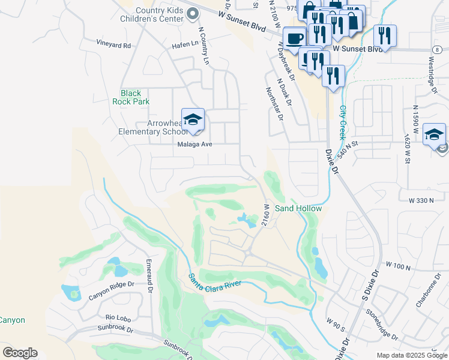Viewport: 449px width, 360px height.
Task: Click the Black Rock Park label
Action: click(x=131, y=97)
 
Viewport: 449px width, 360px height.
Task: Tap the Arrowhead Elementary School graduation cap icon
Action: click(x=193, y=121)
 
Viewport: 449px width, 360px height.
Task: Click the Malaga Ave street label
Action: click(x=194, y=145)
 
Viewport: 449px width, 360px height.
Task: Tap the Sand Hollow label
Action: click(x=298, y=208)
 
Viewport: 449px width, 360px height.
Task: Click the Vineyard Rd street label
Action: click(x=113, y=45)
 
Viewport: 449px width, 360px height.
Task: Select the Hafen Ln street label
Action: click(x=186, y=44)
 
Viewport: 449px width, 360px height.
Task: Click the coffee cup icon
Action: click(x=294, y=38)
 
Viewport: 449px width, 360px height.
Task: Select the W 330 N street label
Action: click(x=421, y=199)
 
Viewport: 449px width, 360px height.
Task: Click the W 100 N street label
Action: click(x=399, y=265)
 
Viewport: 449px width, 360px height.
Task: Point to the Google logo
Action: click(x=20, y=352)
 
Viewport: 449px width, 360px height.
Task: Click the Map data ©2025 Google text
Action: click(x=412, y=355)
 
